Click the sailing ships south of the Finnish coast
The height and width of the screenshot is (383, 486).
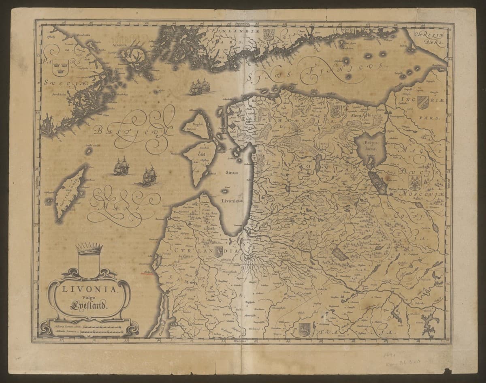coord(198,87)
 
